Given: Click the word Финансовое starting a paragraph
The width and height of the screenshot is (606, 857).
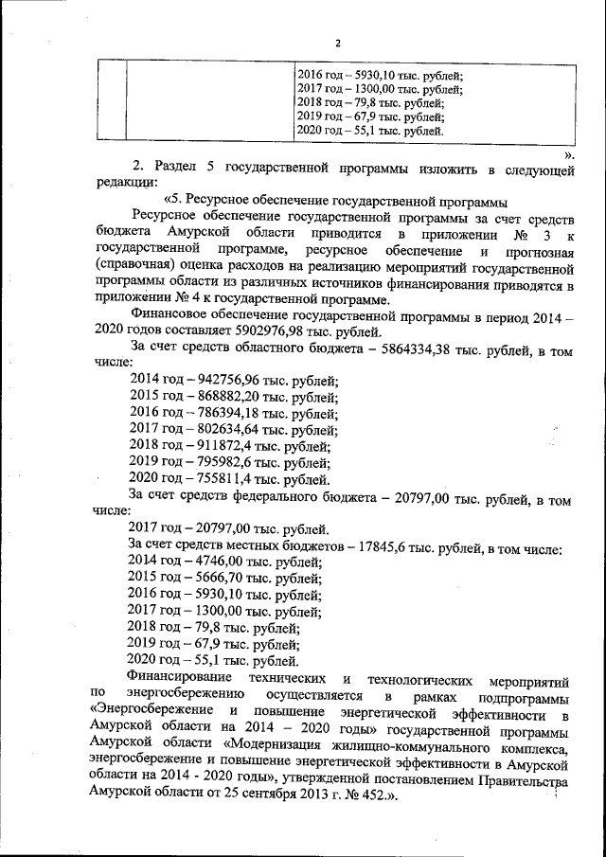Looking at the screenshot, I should tap(168, 314).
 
